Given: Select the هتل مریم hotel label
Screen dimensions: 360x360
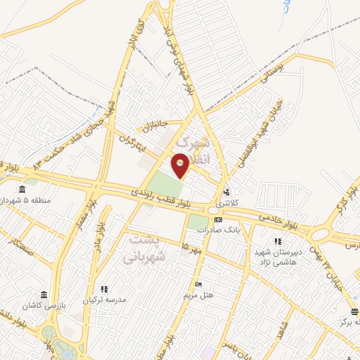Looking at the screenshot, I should (199, 295).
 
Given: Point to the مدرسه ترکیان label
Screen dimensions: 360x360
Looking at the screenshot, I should (105, 300).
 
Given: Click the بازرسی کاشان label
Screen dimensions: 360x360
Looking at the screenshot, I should (44, 304).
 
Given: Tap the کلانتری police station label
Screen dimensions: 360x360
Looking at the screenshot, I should (226, 202).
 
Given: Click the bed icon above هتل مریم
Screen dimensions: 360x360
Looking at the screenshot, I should (199, 284).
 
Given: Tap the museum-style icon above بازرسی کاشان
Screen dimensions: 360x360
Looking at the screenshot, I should (44, 293).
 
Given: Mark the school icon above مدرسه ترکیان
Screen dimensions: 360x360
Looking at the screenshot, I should (105, 288).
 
